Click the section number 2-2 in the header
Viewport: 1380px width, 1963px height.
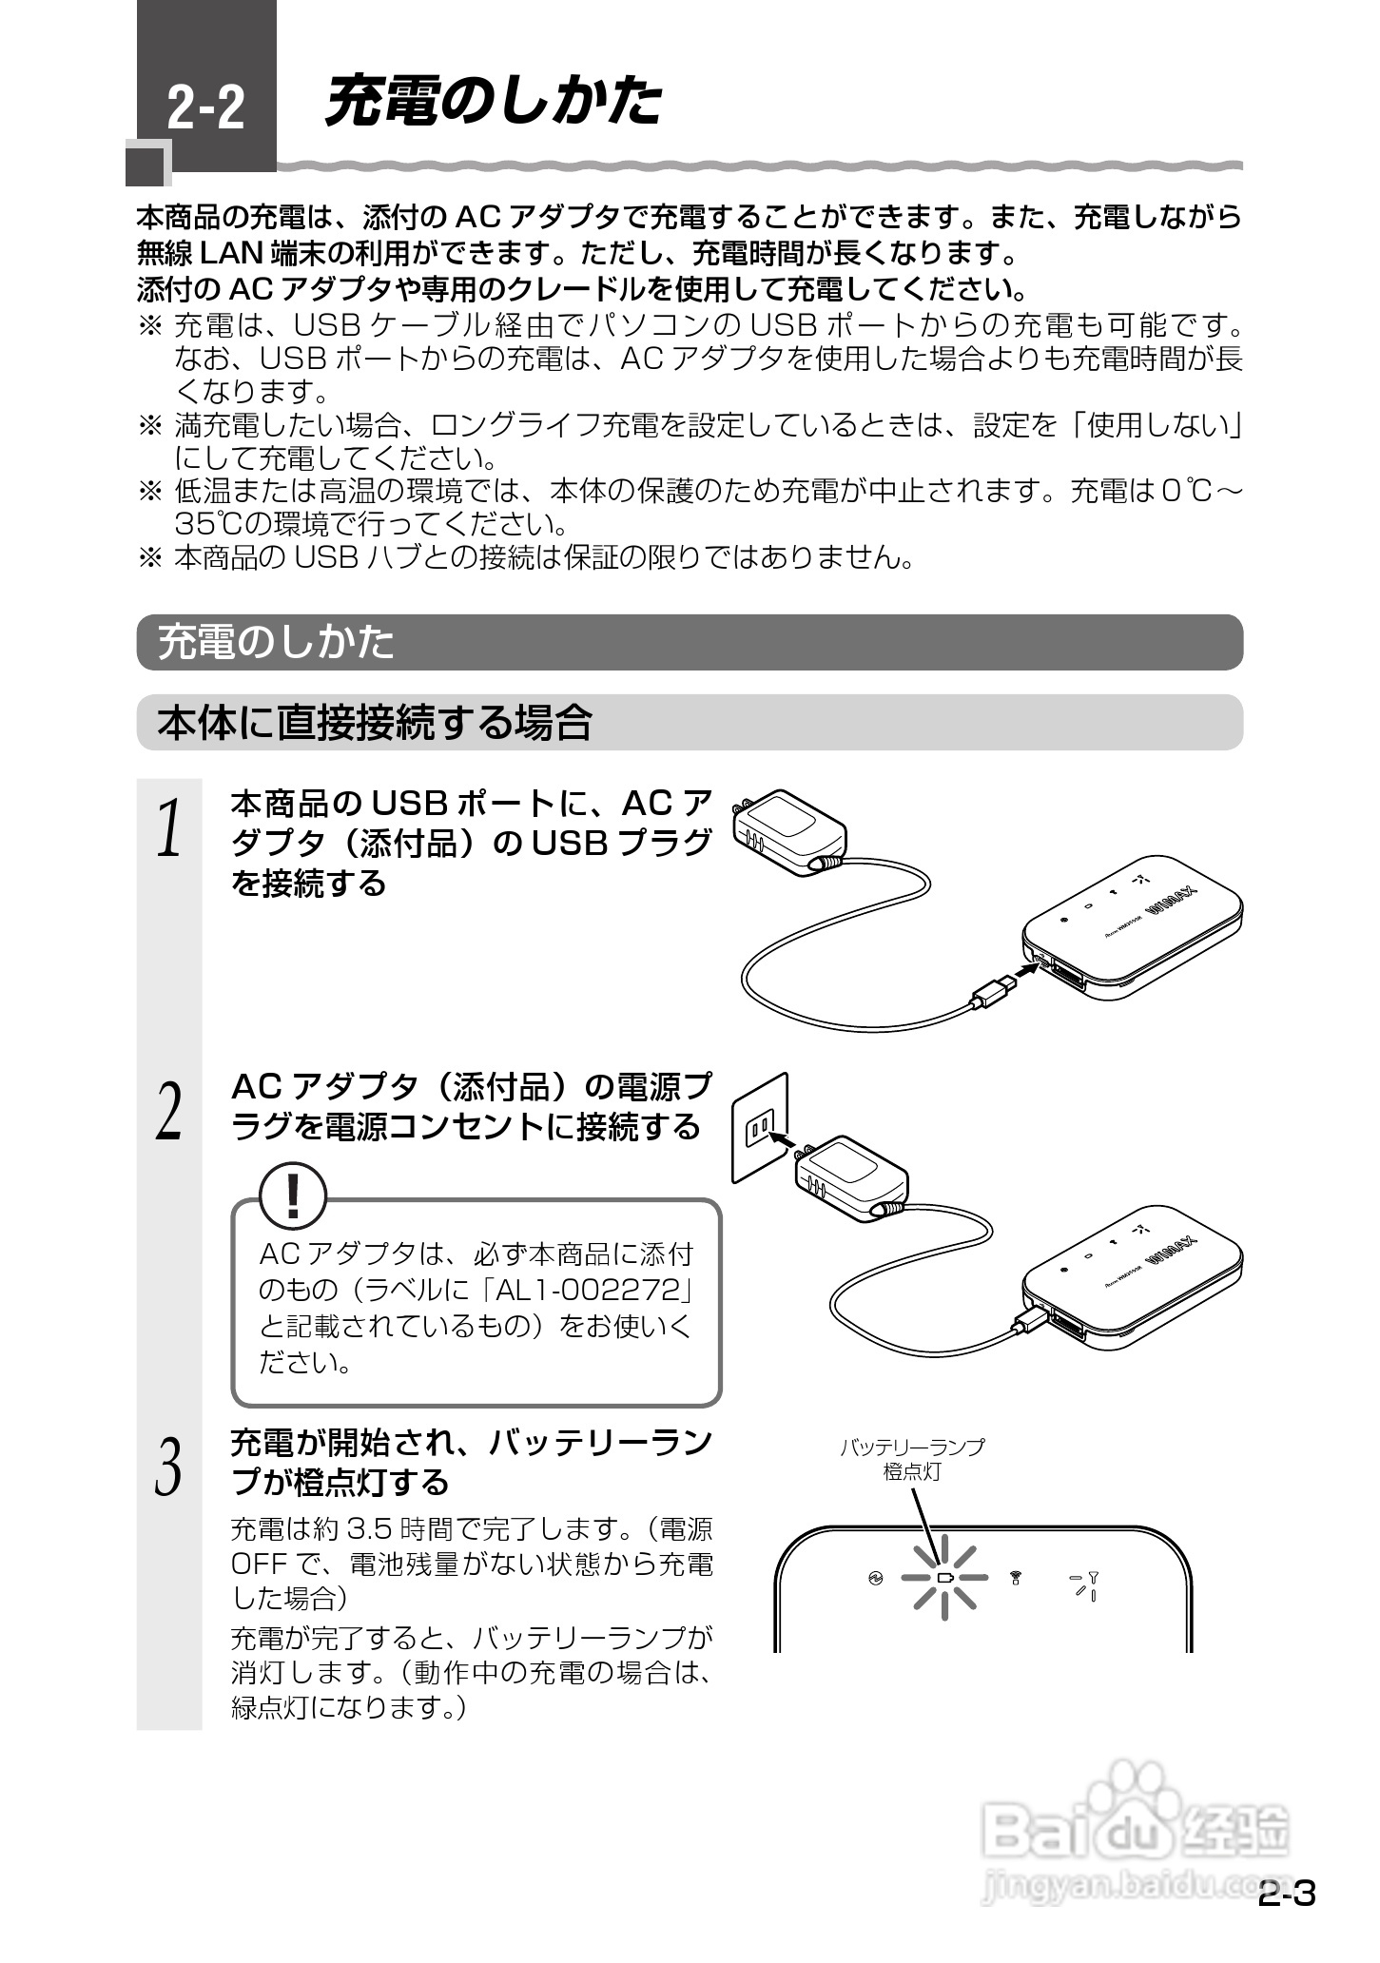point(205,108)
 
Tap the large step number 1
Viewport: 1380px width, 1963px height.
point(168,827)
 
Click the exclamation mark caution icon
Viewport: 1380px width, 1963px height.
point(293,1196)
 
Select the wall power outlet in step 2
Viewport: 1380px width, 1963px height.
point(760,1129)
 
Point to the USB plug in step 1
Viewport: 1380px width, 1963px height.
point(993,992)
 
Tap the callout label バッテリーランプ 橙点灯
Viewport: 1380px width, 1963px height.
point(911,1459)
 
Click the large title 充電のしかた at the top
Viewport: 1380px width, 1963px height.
point(493,102)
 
